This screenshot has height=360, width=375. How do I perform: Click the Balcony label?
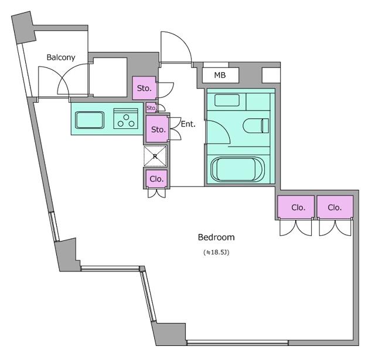pyautogui.click(x=61, y=57)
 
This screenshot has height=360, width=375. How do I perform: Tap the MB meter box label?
pyautogui.click(x=220, y=75)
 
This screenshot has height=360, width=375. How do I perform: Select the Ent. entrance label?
pyautogui.click(x=188, y=124)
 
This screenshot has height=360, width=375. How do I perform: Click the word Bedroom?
pyautogui.click(x=216, y=237)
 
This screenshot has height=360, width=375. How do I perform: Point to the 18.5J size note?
pyautogui.click(x=216, y=252)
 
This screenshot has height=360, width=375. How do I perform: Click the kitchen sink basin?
pyautogui.click(x=90, y=120)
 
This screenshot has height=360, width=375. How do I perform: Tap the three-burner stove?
pyautogui.click(x=126, y=118)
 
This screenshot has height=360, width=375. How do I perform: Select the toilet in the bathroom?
pyautogui.click(x=256, y=125)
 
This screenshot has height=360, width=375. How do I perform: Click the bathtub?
pyautogui.click(x=237, y=169)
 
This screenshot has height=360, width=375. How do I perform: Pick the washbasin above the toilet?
pyautogui.click(x=227, y=100)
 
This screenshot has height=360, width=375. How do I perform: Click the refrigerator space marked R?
pyautogui.click(x=155, y=157)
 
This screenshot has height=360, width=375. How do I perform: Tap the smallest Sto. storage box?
pyautogui.click(x=151, y=108)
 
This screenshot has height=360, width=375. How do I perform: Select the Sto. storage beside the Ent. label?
pyautogui.click(x=157, y=129)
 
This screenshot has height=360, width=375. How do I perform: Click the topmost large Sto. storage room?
pyautogui.click(x=144, y=88)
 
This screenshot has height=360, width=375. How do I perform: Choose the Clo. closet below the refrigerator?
pyautogui.click(x=156, y=179)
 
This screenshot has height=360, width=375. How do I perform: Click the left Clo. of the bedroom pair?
pyautogui.click(x=296, y=207)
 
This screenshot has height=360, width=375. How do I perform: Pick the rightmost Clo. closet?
pyautogui.click(x=335, y=207)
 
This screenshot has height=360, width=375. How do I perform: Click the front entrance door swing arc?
pyautogui.click(x=182, y=40)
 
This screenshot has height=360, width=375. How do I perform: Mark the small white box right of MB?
pyautogui.click(x=271, y=76)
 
